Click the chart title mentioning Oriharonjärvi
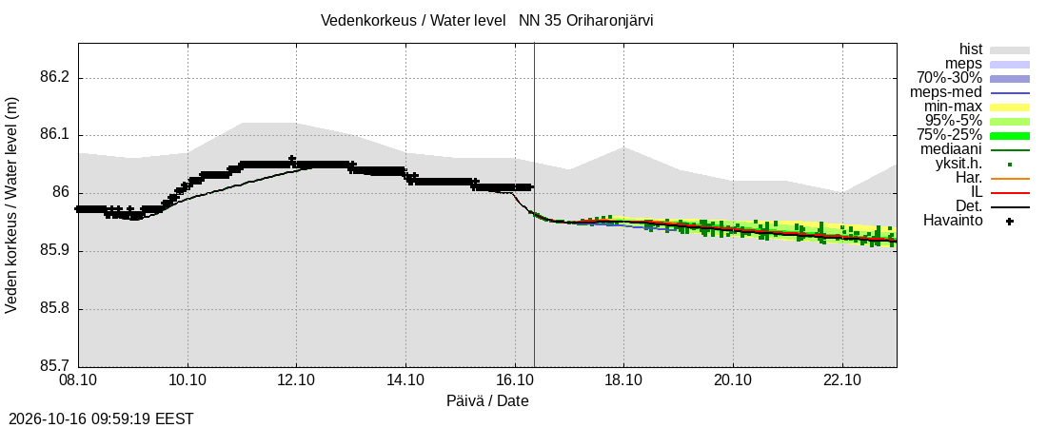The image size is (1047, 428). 486,21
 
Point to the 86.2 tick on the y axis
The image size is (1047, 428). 55,78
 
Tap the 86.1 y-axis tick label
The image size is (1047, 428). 55,136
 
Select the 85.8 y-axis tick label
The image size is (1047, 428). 55,309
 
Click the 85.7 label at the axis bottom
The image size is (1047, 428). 55,366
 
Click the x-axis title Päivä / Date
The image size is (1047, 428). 487,401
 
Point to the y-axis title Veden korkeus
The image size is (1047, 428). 11,205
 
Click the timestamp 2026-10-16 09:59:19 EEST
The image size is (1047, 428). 97,419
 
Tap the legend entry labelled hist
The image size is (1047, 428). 970,49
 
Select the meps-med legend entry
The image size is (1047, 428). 951,92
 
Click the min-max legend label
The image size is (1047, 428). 954,107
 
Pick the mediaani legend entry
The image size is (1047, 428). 952,149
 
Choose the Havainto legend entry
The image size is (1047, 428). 953,221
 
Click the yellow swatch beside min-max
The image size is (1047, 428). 1010,107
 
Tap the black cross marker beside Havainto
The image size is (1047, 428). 1010,221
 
